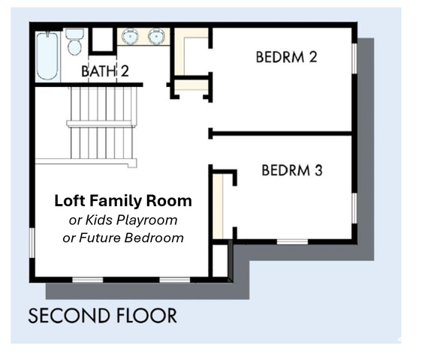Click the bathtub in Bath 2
click(x=47, y=56)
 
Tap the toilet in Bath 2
click(x=74, y=42)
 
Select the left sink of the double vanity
click(x=130, y=36)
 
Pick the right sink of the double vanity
click(x=156, y=36)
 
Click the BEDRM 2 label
click(x=286, y=57)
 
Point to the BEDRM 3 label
click(x=292, y=170)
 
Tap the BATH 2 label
click(x=105, y=71)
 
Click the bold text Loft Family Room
click(x=123, y=201)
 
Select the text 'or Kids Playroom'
click(x=123, y=220)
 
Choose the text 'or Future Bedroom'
click(x=123, y=238)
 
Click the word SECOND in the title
click(x=69, y=316)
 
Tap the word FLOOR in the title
click(x=147, y=316)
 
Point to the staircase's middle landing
click(x=101, y=124)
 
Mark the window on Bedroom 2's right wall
click(x=354, y=58)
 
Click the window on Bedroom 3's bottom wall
click(x=292, y=241)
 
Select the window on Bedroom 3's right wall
click(x=354, y=208)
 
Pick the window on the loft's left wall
click(x=32, y=243)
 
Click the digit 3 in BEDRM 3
click(x=318, y=170)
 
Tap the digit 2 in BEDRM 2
click(x=313, y=57)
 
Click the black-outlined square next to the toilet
click(x=102, y=40)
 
